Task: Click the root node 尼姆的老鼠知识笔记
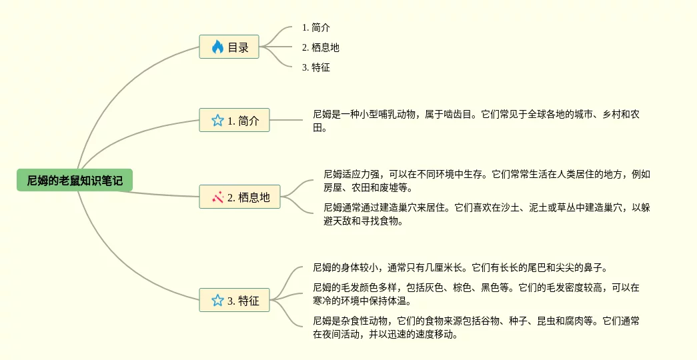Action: pyautogui.click(x=75, y=180)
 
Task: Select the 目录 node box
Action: pyautogui.click(x=229, y=47)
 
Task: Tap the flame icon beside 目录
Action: pyautogui.click(x=217, y=47)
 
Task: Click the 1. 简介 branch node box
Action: pyautogui.click(x=234, y=121)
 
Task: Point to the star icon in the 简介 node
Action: pyautogui.click(x=217, y=121)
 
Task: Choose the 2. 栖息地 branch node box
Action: pyautogui.click(x=239, y=197)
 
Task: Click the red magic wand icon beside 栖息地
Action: pyautogui.click(x=217, y=197)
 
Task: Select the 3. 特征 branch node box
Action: pyautogui.click(x=234, y=300)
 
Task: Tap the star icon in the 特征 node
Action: pyautogui.click(x=217, y=300)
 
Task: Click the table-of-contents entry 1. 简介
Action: pyautogui.click(x=315, y=27)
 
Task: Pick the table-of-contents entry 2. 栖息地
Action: pyautogui.click(x=320, y=47)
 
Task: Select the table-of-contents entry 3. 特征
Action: pyautogui.click(x=315, y=67)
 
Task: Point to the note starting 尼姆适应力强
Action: pyautogui.click(x=487, y=181)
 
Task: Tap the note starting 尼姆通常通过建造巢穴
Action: pyautogui.click(x=487, y=214)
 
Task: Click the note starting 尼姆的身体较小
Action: pyautogui.click(x=460, y=267)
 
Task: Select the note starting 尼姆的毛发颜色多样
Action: pyautogui.click(x=476, y=294)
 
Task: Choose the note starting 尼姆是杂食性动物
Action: pyautogui.click(x=476, y=327)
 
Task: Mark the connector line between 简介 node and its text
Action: pyautogui.click(x=286, y=120)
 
